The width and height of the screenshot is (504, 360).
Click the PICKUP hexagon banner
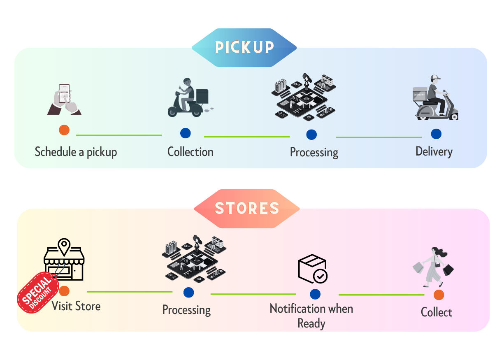point(244,48)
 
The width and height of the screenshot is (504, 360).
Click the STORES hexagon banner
point(247,209)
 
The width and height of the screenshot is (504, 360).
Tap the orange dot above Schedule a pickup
point(64,130)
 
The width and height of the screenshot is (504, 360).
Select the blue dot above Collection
point(186,133)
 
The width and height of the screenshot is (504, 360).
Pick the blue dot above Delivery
point(436,134)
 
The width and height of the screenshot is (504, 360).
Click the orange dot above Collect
point(439,295)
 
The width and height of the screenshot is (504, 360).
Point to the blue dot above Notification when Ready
point(315,294)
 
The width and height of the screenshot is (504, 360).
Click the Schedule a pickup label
point(76,152)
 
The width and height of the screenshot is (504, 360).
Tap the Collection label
point(190,152)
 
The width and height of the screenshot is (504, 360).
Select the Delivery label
point(434,152)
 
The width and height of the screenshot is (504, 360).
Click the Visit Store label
point(76,306)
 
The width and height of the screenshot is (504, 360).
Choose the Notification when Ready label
point(311,316)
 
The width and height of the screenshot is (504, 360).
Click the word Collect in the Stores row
point(437,312)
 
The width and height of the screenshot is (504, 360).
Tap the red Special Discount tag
point(38,292)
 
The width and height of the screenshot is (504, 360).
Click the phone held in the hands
point(64,93)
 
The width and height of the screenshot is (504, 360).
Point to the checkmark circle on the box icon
point(320,276)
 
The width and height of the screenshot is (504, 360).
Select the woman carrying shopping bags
point(433,267)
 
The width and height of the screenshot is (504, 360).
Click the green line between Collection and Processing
point(247,137)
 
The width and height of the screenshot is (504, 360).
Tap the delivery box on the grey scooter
point(420,94)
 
